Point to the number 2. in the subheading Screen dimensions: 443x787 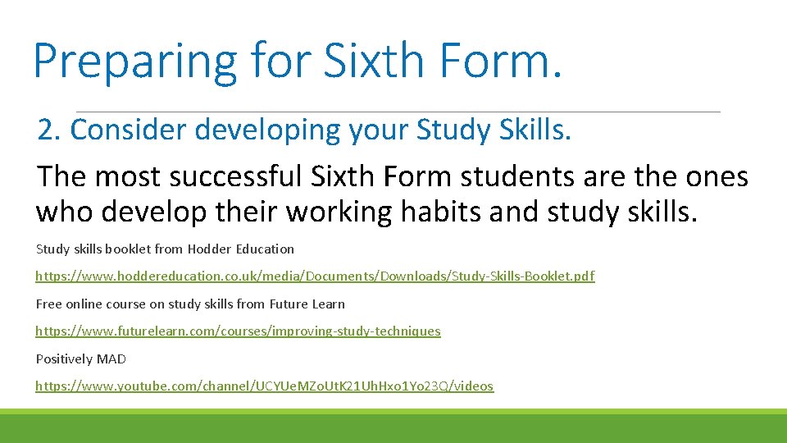click(50, 130)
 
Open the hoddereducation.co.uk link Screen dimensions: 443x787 click(315, 276)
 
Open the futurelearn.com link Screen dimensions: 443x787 click(238, 331)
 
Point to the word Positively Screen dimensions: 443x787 click(64, 359)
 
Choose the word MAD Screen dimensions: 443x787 click(111, 359)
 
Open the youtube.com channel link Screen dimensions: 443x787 click(264, 386)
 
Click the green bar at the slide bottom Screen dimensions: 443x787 click(393, 426)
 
